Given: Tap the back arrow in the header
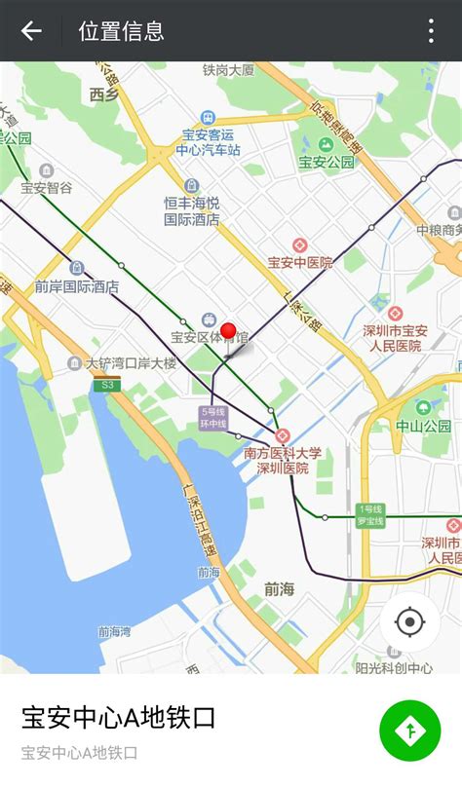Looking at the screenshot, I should point(31,31).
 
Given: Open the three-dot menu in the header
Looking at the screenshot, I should point(431,31).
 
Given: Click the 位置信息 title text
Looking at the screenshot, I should point(121,31).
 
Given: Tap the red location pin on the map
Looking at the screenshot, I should point(229,332).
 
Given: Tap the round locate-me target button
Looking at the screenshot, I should point(409,621).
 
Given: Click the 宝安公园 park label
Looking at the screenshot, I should point(327,162).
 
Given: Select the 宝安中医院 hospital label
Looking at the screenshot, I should point(300,262).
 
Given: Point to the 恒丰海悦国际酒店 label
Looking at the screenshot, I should point(192,211).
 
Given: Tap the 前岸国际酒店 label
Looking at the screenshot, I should point(76,286).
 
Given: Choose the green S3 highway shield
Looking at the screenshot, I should point(106,385).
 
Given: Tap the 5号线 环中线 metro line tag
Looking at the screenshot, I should point(213,418).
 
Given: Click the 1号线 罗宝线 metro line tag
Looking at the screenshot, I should point(371,515).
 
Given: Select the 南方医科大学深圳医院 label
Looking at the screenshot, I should point(283,460).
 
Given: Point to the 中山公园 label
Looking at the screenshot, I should point(423,426).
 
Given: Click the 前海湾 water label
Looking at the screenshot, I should point(114,631).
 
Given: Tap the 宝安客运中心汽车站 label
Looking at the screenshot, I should point(208,142).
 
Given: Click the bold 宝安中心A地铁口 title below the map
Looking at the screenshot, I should point(119,719).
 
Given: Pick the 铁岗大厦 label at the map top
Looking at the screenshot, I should point(228,70).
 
